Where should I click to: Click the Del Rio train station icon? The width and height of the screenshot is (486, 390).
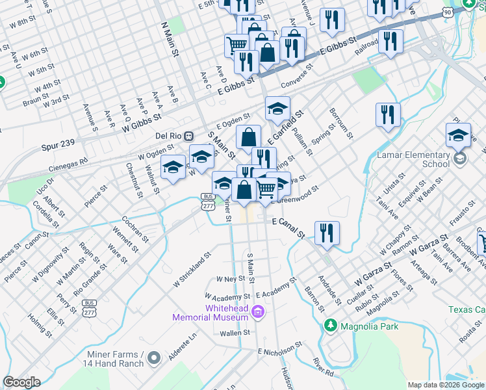[188, 136]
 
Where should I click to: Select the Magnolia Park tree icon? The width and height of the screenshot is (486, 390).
[331, 326]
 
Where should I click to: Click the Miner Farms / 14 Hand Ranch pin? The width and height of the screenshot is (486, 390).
[154, 357]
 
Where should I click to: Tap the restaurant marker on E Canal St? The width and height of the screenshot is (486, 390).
[327, 233]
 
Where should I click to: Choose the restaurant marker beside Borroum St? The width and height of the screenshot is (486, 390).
[388, 115]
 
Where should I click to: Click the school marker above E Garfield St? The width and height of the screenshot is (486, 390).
[277, 108]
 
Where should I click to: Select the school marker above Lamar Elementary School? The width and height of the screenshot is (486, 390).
[458, 135]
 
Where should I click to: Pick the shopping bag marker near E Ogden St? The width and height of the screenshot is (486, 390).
[248, 137]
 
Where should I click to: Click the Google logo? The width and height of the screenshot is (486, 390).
[22, 382]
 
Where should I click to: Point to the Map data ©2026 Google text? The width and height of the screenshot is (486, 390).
[444, 385]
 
